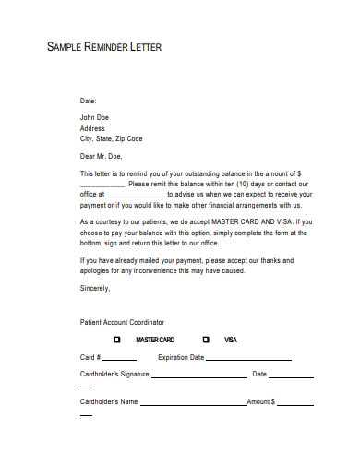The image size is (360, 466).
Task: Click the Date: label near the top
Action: (x=88, y=100)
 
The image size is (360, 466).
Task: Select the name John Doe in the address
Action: (x=96, y=117)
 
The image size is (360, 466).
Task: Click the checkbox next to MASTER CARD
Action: (x=117, y=339)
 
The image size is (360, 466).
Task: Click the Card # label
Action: (x=90, y=357)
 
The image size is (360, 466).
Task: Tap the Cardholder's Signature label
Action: (x=114, y=375)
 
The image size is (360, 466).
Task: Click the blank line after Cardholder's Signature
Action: (x=198, y=376)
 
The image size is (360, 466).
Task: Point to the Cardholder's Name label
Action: (x=109, y=402)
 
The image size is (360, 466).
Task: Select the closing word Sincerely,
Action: (x=95, y=288)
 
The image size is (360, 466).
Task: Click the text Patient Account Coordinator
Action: (x=122, y=322)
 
